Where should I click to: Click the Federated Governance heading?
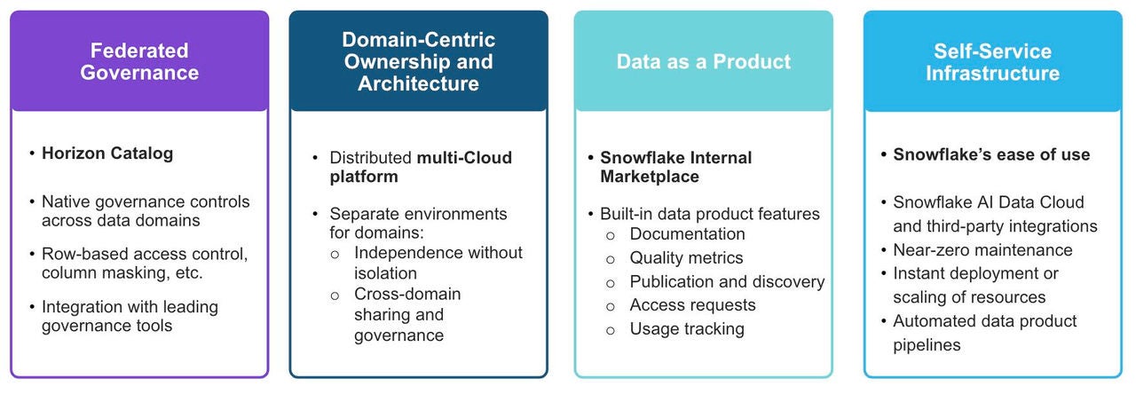(x=139, y=61)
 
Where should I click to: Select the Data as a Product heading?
(x=703, y=61)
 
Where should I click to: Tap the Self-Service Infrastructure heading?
(x=992, y=61)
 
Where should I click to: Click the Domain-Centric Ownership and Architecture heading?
(x=419, y=61)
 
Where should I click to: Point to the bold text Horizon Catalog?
(x=107, y=154)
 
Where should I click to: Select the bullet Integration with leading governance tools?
(x=130, y=316)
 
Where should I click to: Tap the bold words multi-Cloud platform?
(x=420, y=167)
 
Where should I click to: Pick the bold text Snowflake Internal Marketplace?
(x=675, y=167)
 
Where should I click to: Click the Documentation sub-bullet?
(x=687, y=234)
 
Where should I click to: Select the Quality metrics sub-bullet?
(x=686, y=258)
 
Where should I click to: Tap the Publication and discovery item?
(x=727, y=282)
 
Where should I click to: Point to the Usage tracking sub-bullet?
(x=686, y=329)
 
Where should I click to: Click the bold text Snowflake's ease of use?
(x=990, y=154)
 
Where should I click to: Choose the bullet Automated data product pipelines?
(x=984, y=332)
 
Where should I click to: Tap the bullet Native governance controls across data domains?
(x=146, y=212)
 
